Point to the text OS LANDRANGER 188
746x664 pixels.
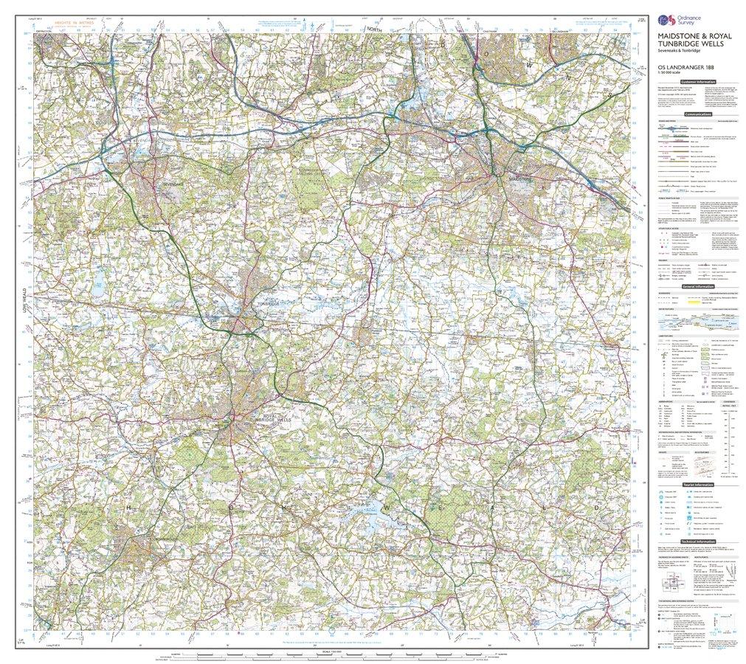pyautogui.click(x=678, y=72)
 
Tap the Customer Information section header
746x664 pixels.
pyautogui.click(x=697, y=82)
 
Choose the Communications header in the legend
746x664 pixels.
pyautogui.click(x=697, y=114)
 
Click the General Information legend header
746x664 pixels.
pyautogui.click(x=697, y=286)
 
